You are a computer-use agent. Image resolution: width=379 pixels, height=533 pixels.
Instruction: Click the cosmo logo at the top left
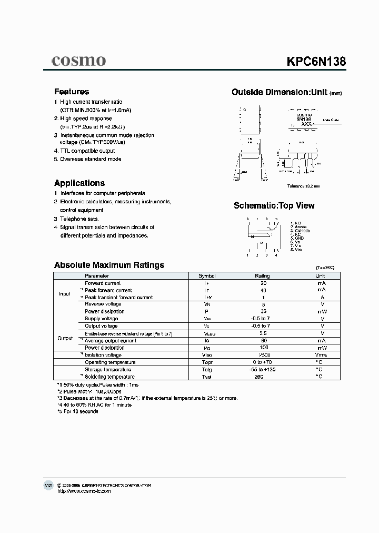coord(78,61)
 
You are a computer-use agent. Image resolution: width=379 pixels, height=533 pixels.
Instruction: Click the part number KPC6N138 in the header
coord(316,61)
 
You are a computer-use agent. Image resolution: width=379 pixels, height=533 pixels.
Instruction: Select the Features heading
coord(72,92)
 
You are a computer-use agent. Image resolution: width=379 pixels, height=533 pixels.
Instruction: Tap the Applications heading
coord(79,183)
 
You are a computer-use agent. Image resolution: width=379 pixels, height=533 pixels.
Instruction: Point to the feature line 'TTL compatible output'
coord(87,151)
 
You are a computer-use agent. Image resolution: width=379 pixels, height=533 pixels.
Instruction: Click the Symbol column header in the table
coord(207,276)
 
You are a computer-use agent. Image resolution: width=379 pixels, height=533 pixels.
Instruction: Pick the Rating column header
coord(262,276)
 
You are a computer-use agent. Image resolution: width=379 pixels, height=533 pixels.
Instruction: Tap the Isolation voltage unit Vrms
coord(320,355)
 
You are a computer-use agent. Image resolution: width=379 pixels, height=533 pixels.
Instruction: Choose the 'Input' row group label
coord(64,294)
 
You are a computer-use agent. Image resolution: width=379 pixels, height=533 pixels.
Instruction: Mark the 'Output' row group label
coord(65,338)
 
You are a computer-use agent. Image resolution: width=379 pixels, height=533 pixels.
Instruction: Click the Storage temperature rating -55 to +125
coord(262,370)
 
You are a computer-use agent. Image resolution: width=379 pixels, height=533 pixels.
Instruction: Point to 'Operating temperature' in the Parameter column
coord(110,362)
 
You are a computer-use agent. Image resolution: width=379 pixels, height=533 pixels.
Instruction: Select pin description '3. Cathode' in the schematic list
coord(300,231)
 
